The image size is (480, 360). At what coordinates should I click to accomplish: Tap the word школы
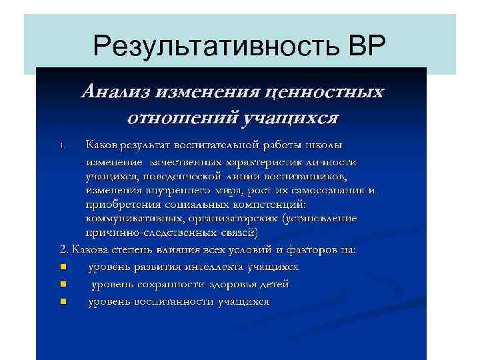tap(327, 144)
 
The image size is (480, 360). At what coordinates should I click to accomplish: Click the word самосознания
tap(326, 191)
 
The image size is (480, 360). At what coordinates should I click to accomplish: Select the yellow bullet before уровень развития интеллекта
tap(63, 267)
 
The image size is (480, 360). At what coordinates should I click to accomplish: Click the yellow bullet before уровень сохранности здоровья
tap(63, 284)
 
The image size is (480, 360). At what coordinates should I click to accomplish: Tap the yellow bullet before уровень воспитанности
tap(63, 301)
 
